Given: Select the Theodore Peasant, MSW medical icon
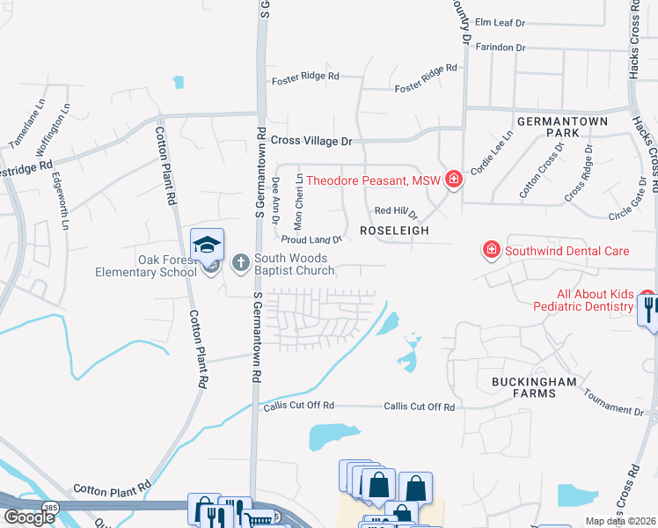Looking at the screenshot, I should click(x=454, y=180).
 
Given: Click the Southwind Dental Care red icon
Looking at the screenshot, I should click(x=491, y=251).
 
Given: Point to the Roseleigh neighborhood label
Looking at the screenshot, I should click(x=394, y=230).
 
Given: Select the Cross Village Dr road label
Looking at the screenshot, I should click(x=311, y=141).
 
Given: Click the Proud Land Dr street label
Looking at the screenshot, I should click(x=311, y=239).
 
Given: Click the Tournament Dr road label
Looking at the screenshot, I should click(x=614, y=407).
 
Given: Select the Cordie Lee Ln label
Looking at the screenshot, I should click(x=491, y=151).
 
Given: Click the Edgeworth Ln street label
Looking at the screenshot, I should click(x=61, y=200).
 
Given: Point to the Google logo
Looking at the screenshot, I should click(x=29, y=517).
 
